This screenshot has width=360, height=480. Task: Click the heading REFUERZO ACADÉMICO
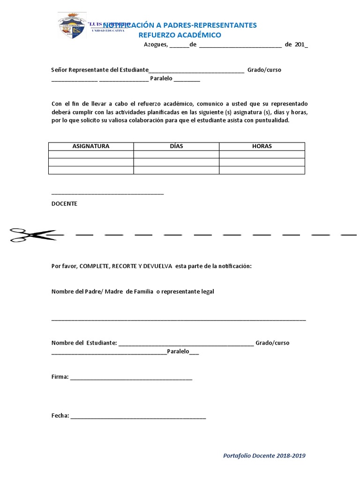tap(180, 35)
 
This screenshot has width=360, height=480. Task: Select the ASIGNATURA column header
tap(91, 146)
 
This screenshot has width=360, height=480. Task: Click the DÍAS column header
tap(176, 146)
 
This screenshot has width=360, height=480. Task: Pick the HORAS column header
tap(262, 146)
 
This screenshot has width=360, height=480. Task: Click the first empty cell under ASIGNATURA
tap(91, 154)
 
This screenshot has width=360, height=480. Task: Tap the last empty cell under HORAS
tap(262, 170)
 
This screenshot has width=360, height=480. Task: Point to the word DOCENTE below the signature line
tap(64, 204)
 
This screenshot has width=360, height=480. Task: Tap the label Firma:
tap(60, 377)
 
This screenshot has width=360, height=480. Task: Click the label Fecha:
tap(60, 416)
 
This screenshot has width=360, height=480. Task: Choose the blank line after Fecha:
tap(138, 417)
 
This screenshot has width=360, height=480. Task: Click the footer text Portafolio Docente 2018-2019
tap(264, 456)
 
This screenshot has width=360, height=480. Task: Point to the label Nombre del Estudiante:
tap(84, 343)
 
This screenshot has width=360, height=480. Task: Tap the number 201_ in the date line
tap(301, 45)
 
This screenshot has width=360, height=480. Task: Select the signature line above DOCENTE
tap(107, 193)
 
